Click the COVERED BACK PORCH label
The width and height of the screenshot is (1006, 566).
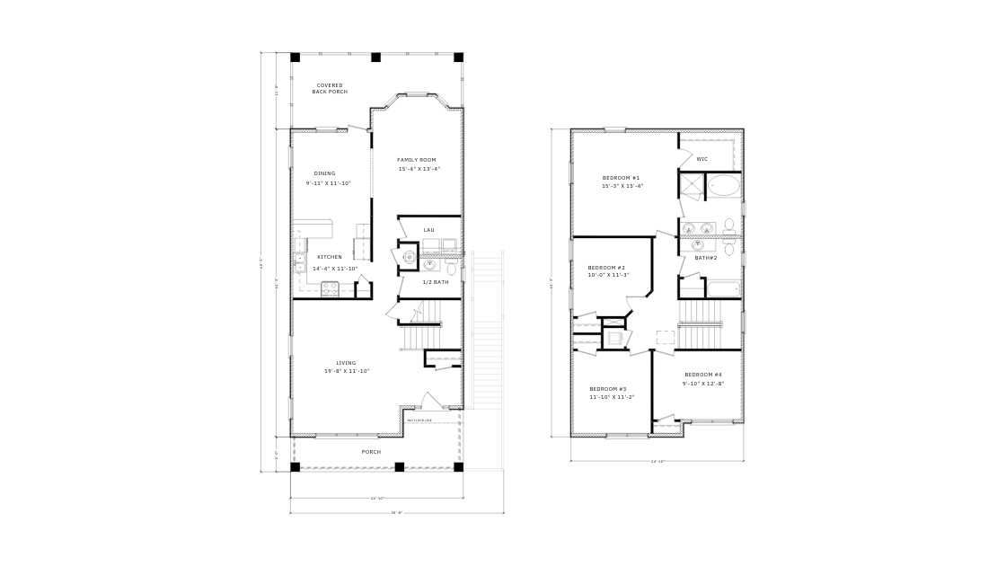(329, 88)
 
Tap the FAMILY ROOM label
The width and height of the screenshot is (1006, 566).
(416, 160)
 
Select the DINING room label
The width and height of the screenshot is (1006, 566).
(324, 173)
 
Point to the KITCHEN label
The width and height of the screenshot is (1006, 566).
(329, 257)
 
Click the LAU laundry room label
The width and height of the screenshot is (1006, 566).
(428, 230)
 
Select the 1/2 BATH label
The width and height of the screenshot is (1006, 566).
(436, 282)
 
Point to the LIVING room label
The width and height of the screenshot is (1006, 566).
(346, 363)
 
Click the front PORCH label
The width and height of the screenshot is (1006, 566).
(371, 452)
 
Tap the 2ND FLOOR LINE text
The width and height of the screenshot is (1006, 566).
(419, 420)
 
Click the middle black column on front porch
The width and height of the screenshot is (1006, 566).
(400, 466)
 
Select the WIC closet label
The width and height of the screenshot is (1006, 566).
(702, 159)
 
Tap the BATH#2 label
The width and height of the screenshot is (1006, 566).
(705, 258)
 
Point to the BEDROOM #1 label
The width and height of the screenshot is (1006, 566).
(622, 178)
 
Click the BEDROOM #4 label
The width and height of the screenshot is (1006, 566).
(703, 375)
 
